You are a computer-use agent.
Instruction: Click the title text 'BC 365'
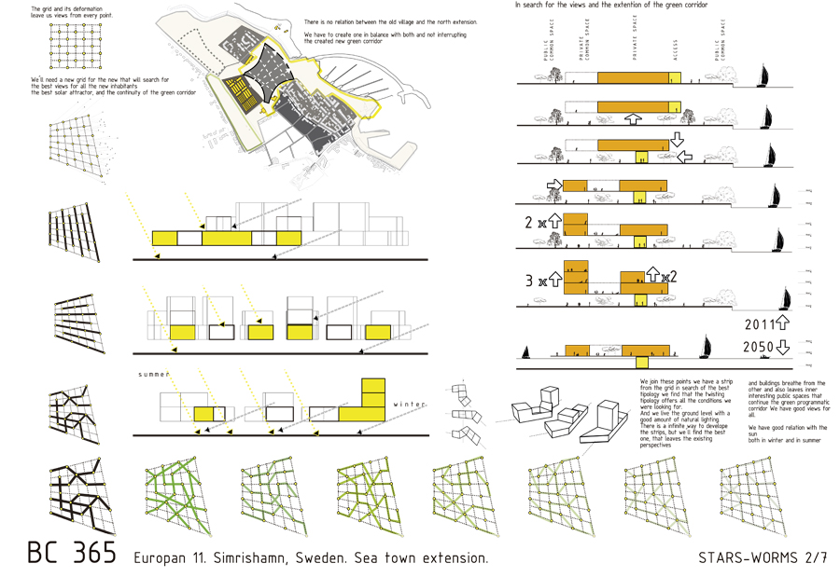pyautogui.click(x=72, y=552)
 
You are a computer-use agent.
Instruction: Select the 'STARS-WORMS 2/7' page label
pyautogui.click(x=762, y=557)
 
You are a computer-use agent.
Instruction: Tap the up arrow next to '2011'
pyautogui.click(x=782, y=324)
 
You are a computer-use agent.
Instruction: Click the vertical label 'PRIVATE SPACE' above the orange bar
pyautogui.click(x=635, y=39)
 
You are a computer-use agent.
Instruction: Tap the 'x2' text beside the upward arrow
pyautogui.click(x=667, y=277)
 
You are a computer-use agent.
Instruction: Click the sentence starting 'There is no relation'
pyautogui.click(x=390, y=21)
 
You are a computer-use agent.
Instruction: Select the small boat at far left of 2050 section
pyautogui.click(x=526, y=351)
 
